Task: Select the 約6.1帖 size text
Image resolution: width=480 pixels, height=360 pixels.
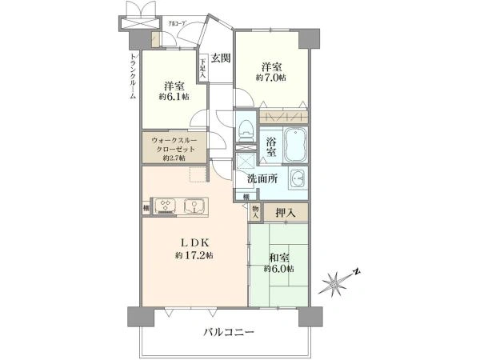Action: point(173,97)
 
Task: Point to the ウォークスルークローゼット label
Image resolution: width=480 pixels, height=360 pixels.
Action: point(174,148)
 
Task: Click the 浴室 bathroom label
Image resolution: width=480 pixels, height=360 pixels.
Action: point(271,146)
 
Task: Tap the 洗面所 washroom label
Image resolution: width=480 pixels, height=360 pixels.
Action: point(262,178)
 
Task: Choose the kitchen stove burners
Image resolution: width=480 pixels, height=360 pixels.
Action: point(165,206)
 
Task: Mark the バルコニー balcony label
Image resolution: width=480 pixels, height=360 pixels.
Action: point(228,332)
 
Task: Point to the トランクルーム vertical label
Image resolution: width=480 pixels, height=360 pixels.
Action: point(133,77)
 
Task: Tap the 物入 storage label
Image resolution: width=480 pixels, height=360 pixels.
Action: point(255,210)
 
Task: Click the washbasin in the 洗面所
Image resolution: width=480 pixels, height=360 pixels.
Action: point(298,178)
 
